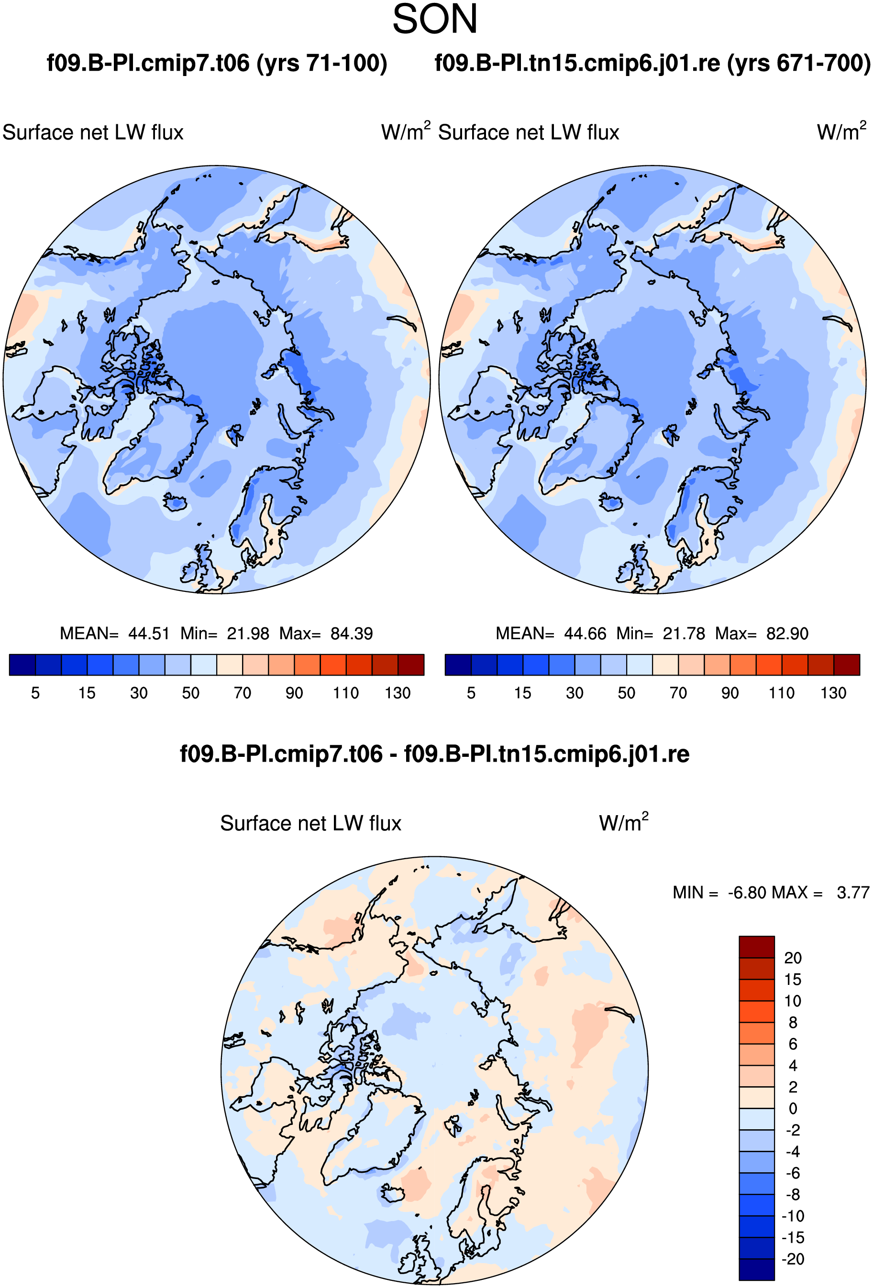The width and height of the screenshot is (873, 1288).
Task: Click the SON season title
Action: coord(435,19)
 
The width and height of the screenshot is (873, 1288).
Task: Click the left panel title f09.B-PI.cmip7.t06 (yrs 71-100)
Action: coord(217,63)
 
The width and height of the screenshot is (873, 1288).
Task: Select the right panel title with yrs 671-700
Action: coord(653,63)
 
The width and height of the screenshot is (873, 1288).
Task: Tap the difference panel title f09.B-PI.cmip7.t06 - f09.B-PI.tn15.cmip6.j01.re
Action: coord(435,754)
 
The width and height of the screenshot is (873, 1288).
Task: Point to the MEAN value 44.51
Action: coord(149,633)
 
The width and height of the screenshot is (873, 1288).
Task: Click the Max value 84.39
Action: coord(352,633)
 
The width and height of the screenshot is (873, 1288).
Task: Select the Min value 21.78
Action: coord(684,633)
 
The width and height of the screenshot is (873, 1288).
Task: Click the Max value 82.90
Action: coord(787,633)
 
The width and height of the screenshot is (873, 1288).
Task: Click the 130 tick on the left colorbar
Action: coord(398,693)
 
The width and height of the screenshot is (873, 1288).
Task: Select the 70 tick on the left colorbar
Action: coord(243,693)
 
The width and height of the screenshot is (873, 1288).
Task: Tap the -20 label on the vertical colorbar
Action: coord(793,1259)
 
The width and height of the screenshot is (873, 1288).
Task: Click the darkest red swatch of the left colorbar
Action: coord(411,665)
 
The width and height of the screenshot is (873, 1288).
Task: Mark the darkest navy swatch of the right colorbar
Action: coord(458,665)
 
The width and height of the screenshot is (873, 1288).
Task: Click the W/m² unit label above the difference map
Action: coord(623,822)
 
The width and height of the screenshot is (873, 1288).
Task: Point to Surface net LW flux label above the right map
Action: coord(529,132)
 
